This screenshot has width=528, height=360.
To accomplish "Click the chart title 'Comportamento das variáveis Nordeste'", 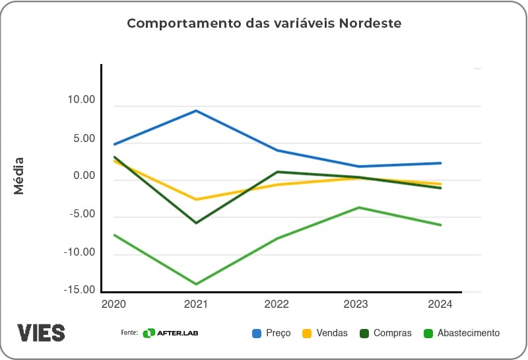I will pos(264,24).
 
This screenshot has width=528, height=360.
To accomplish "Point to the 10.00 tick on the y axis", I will pos(81,100).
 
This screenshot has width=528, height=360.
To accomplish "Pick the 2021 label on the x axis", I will pos(196,305).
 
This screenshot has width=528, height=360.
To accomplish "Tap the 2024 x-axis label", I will pos(440,305).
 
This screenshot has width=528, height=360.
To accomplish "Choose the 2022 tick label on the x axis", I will pos(277,305).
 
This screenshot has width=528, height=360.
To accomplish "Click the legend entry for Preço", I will pos(271,333).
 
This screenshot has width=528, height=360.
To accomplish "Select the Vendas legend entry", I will pos(325,333).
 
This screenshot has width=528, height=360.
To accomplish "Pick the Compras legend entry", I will pos(385,333).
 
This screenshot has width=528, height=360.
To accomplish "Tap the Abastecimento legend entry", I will pos(461,333).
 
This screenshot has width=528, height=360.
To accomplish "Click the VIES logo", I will pos(41,332).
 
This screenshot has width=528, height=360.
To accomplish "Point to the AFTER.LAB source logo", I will pos(170,333).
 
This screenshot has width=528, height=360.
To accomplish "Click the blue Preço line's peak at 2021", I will pos(196,110).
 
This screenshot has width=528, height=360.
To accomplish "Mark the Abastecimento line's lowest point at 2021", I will pos(196,284).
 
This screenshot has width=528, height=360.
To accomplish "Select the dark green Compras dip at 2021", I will pos(196,223).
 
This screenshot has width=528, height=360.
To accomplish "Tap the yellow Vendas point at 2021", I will pos(196,199).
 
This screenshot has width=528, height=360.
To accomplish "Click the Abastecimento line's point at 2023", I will pos(359,207).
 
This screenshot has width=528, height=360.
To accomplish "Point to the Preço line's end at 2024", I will pos(440,162).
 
